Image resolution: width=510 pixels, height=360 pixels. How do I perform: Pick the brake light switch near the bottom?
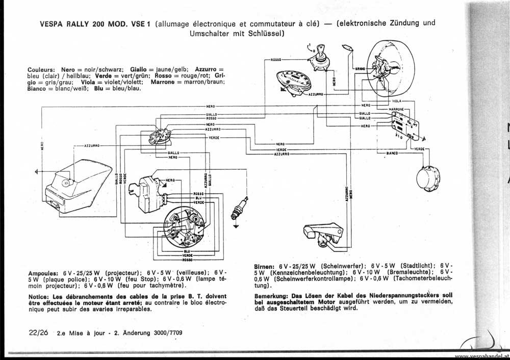click(x=320, y=236)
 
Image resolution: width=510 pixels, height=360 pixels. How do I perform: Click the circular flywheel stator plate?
click(x=184, y=227)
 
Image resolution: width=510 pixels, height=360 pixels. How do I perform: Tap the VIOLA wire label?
click(x=396, y=101)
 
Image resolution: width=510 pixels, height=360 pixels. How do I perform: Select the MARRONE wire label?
click(x=396, y=109)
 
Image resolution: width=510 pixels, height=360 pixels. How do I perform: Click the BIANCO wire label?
click(x=392, y=153)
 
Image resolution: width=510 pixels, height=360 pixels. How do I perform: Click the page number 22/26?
click(x=39, y=332)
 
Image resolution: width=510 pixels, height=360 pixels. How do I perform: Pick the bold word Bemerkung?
click(x=271, y=295)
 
